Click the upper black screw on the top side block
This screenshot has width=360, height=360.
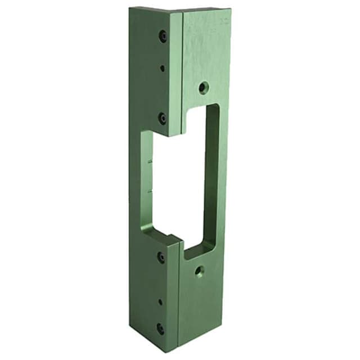coord(163,36)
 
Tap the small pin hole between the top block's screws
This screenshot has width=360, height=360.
coord(162,68)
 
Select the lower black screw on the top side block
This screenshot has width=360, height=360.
coord(162,118)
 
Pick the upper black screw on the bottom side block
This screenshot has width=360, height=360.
coord(161,256)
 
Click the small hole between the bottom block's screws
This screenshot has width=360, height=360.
coord(160,301)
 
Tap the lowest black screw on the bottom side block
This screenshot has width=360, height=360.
coord(161,328)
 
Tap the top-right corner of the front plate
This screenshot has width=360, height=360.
coord(230,9)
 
